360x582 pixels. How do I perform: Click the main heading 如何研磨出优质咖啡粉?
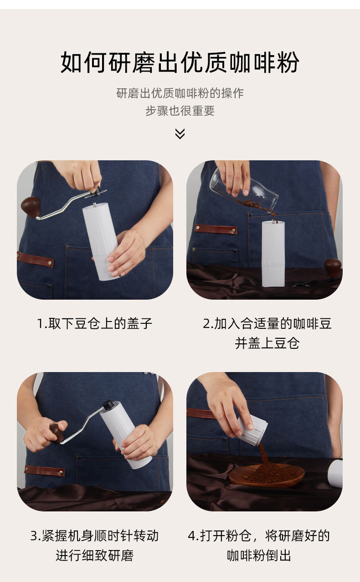180,62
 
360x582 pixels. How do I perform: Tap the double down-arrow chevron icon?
180,133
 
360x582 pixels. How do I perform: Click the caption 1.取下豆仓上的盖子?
94,324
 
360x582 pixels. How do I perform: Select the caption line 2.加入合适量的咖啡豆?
267,324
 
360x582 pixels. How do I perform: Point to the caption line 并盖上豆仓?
267,343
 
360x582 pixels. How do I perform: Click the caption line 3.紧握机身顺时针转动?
94,536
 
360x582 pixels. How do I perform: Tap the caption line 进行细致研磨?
94,556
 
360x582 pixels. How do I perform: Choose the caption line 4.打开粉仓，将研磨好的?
259,536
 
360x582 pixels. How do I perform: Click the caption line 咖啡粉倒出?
259,556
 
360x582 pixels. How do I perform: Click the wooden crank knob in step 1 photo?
31,207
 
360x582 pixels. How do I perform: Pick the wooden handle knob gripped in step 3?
57,434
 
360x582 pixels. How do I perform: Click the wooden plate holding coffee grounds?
267,476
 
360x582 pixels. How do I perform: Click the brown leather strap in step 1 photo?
35,260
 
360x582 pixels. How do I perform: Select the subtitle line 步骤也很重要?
180,111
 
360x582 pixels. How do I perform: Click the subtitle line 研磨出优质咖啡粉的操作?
180,93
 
